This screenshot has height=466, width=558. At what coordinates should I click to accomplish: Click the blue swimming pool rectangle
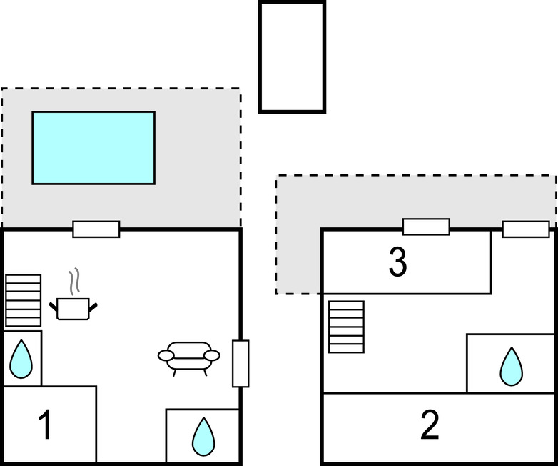click(93, 147)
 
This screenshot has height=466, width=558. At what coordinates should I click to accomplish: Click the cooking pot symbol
click(73, 308)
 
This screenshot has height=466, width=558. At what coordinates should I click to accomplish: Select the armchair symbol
click(188, 355)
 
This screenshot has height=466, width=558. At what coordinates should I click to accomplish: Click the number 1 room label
click(44, 425)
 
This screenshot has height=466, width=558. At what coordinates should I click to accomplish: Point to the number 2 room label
click(430, 426)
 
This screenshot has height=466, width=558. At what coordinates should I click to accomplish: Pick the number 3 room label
click(398, 262)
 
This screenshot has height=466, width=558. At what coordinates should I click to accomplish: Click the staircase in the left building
click(24, 300)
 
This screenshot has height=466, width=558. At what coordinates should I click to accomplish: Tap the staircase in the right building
click(346, 327)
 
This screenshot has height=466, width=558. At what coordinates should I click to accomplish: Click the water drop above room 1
click(21, 359)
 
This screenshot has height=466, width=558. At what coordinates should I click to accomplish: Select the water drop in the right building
click(511, 366)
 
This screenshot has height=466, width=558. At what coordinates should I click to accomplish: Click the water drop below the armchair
click(203, 437)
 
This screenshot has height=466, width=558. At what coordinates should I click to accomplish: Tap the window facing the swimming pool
click(96, 229)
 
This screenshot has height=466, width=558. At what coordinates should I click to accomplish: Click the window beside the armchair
click(240, 364)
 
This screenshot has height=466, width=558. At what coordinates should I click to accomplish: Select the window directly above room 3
click(426, 227)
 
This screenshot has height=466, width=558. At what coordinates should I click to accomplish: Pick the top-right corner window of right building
click(526, 229)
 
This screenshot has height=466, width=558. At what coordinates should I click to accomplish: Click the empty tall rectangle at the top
click(292, 57)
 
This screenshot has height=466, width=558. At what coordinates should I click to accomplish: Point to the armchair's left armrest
click(166, 354)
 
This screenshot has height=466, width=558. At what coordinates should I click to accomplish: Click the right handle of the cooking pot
click(93, 306)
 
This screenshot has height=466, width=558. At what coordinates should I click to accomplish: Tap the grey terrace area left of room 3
click(298, 250)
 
